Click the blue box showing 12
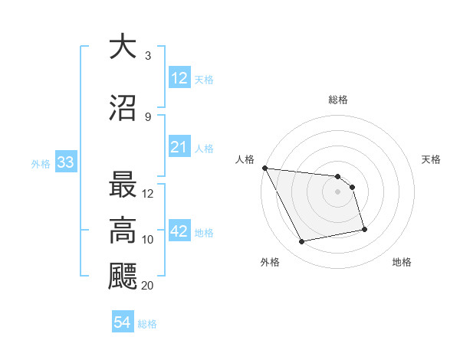coord(179,77)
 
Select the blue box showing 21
coord(179,147)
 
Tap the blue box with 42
coord(179,231)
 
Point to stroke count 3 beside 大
coord(147,56)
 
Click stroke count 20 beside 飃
coord(148,286)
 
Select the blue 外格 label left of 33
coord(41,163)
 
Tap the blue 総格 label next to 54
coord(147,324)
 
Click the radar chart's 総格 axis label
coord(338,100)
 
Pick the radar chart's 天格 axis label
coord(432,159)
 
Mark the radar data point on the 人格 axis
coord(264,168)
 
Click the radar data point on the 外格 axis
coord(301,242)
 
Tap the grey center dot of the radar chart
coord(338,191)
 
